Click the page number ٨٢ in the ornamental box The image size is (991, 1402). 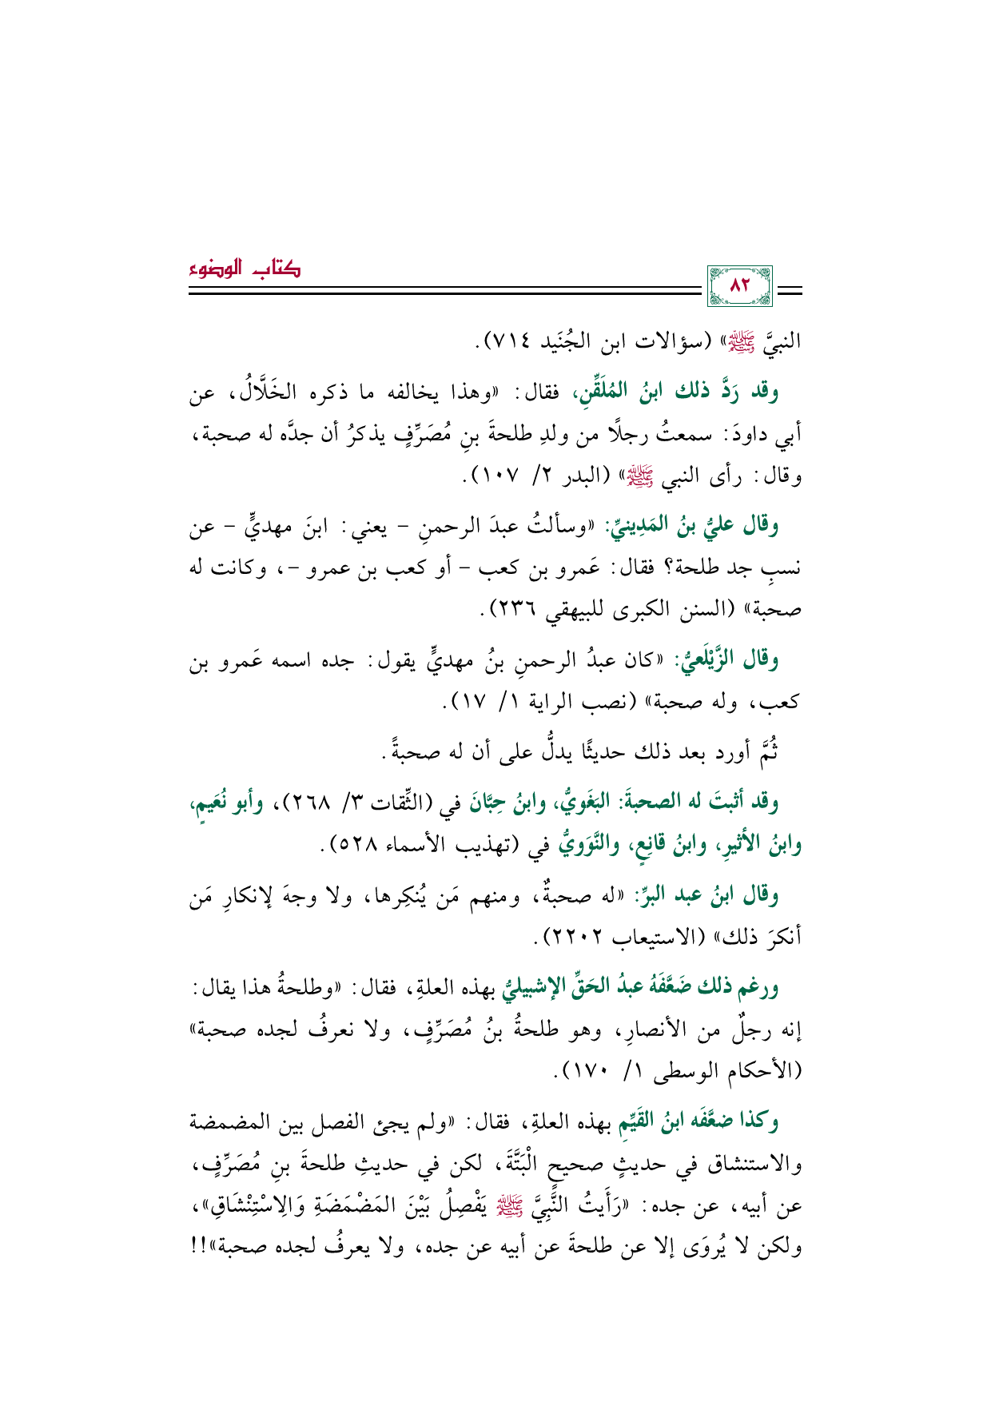click(x=740, y=285)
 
